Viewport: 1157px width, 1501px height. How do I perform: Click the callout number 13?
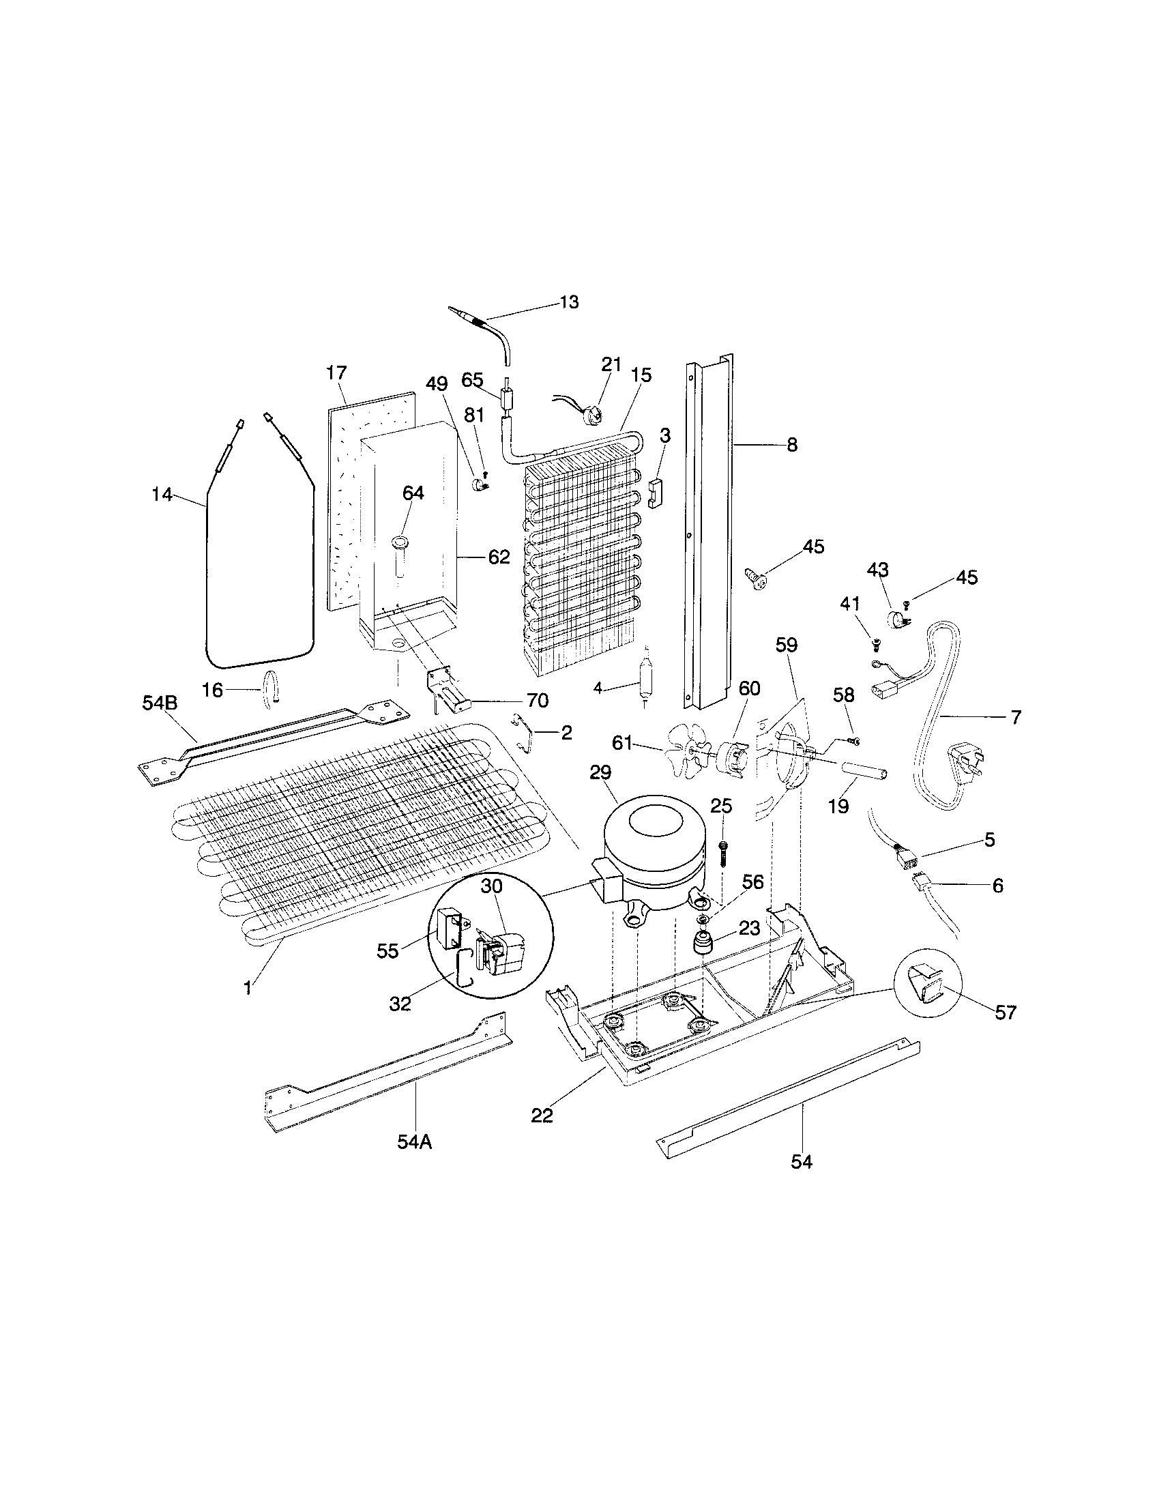569,302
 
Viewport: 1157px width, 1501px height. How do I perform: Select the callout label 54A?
414,1142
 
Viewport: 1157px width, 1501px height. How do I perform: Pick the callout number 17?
336,373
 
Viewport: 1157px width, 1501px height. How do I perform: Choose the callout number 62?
499,557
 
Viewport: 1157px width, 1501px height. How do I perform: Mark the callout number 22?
542,1116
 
